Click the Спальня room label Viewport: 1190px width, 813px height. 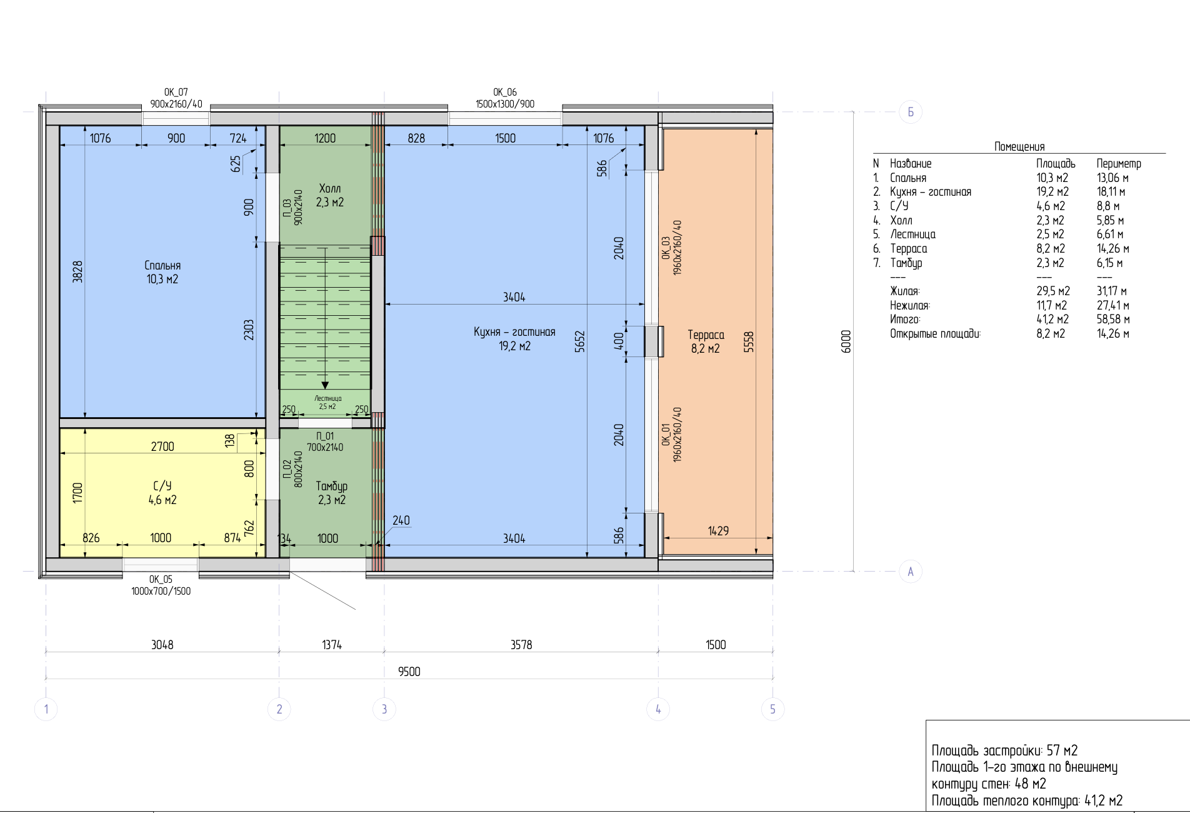coord(162,266)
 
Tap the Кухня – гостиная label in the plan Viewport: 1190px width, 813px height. coord(514,332)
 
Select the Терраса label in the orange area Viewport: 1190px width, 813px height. coord(706,335)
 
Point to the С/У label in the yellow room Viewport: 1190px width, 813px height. coord(162,486)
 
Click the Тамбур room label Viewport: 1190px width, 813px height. coord(331,487)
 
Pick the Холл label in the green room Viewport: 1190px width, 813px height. coord(330,189)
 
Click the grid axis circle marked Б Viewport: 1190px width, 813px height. coord(911,112)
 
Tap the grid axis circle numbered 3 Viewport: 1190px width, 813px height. coord(384,709)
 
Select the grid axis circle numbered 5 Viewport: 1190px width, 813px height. coord(773,709)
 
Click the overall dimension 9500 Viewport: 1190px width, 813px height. coord(409,672)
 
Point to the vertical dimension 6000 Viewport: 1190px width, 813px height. coord(846,341)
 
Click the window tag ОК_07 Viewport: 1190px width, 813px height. coord(176,93)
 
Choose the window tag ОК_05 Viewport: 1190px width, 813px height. coord(161,580)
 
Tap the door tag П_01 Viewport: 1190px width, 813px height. coord(325,436)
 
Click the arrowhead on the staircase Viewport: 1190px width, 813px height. coord(325,385)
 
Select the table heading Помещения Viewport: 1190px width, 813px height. coord(1019,147)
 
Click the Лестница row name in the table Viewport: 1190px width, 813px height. coord(913,235)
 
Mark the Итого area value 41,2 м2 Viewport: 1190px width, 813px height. coord(1052,320)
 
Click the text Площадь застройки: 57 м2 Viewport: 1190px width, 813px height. coord(1004,750)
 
